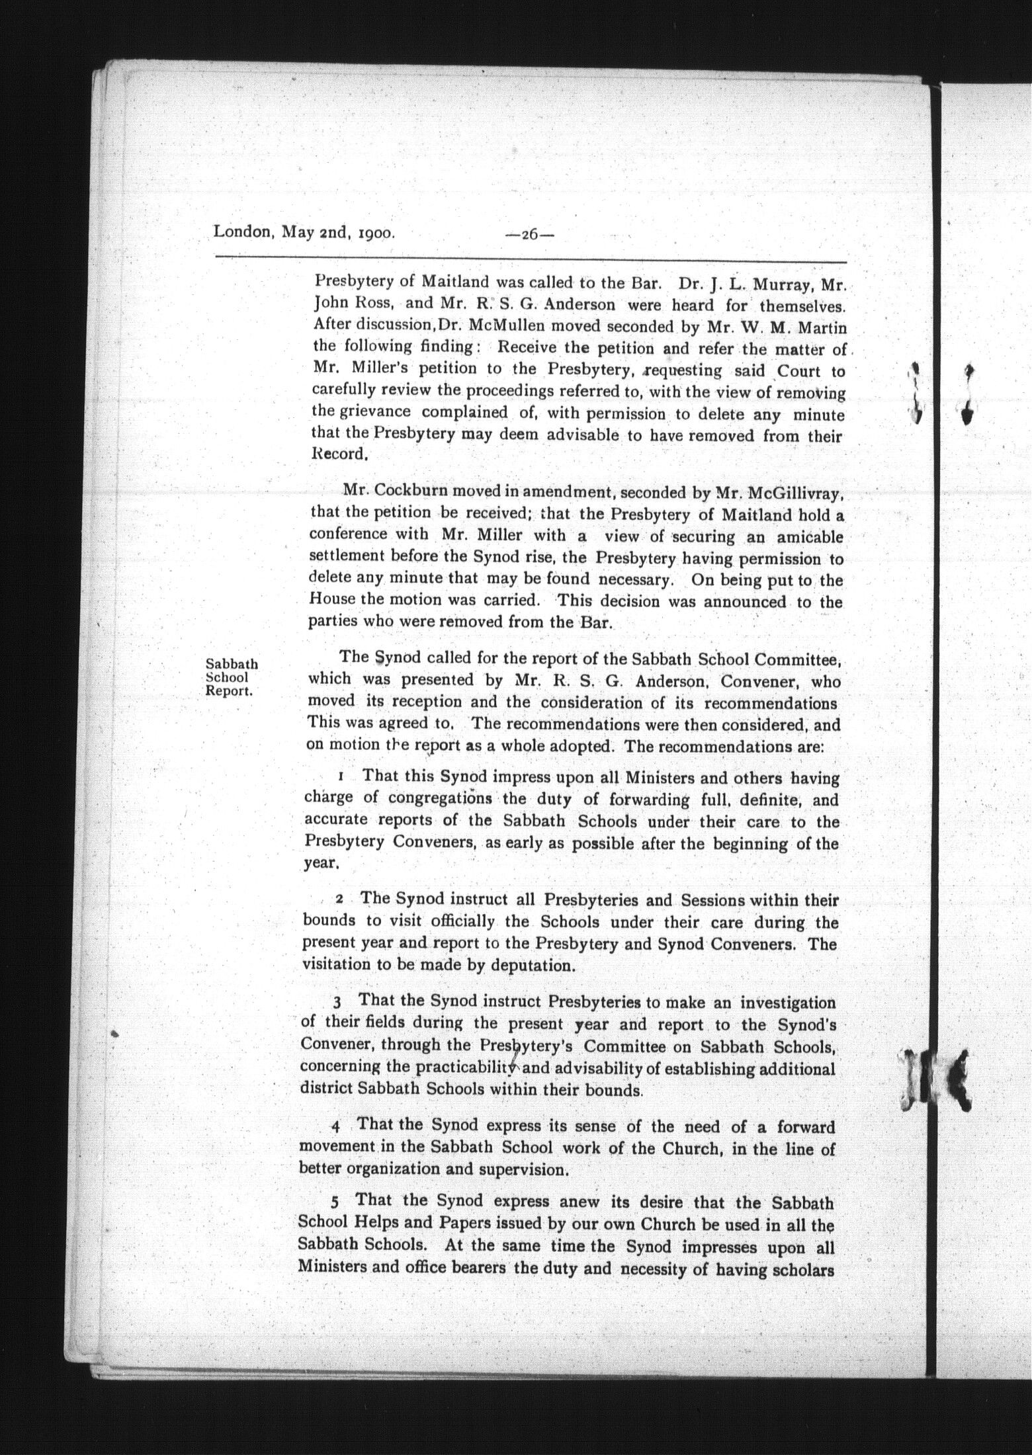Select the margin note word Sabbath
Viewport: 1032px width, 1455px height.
(x=232, y=663)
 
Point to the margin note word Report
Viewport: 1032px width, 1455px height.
(x=230, y=692)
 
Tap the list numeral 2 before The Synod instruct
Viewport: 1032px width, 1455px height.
(x=339, y=900)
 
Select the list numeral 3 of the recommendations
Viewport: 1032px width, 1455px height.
(x=337, y=1003)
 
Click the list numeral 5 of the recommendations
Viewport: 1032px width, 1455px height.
(x=335, y=1201)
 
